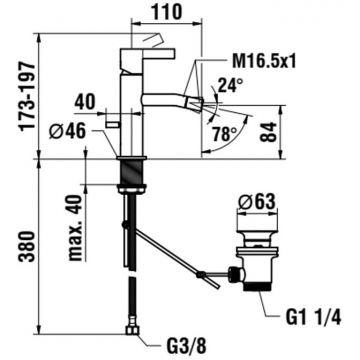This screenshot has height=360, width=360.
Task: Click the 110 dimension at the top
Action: tap(168, 12)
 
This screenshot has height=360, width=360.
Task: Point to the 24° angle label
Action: tap(230, 86)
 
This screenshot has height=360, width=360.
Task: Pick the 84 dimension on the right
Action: tap(269, 132)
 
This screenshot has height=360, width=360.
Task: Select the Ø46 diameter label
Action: tap(67, 131)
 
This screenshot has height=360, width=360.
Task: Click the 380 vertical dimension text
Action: tap(28, 246)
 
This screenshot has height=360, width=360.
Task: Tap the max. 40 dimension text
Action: tap(75, 228)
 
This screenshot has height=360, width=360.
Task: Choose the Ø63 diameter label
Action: tap(257, 202)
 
